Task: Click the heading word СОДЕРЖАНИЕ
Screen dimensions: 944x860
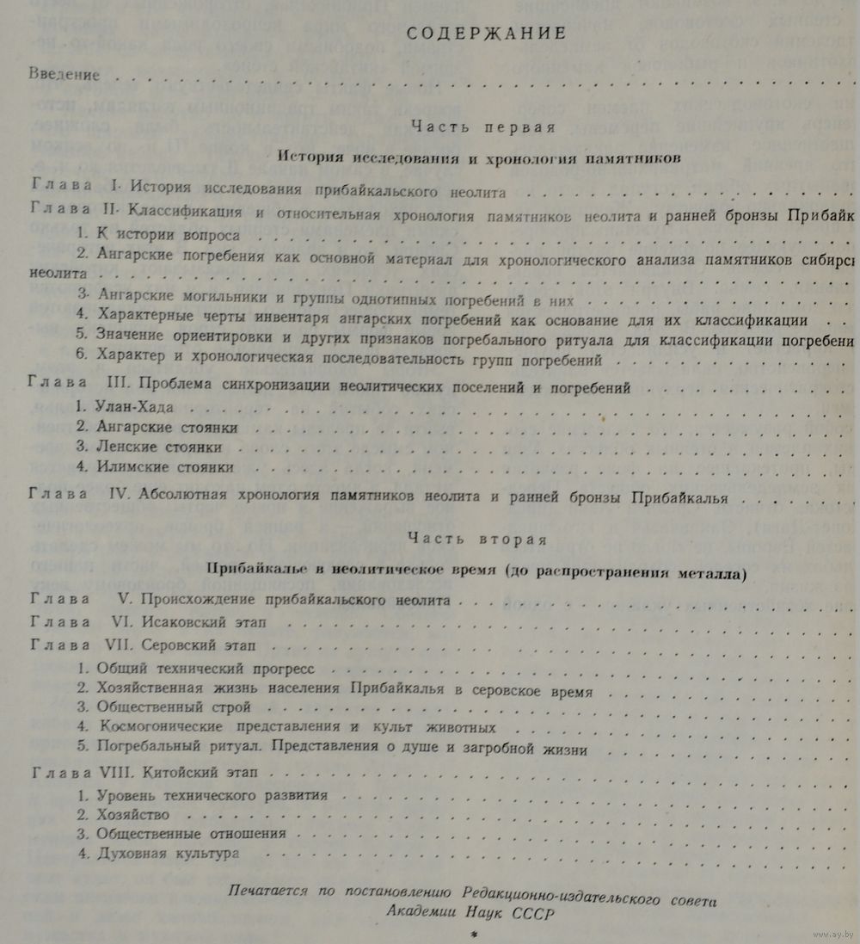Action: pos(486,34)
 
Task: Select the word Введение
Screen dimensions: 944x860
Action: pos(59,74)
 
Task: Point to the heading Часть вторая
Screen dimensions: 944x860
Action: pos(477,540)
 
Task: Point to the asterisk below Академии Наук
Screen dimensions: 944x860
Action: pos(471,935)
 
